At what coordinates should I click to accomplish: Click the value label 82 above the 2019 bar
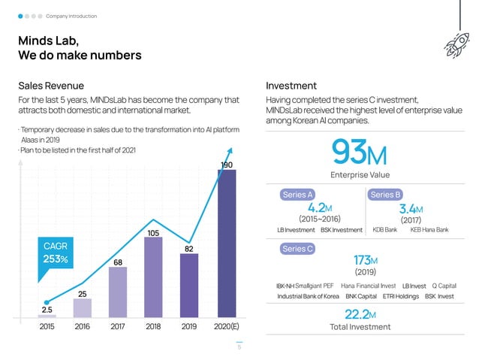point(190,247)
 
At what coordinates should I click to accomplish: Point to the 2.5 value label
point(47,309)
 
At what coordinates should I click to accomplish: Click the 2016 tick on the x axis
point(83,327)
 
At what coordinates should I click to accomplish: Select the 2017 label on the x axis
point(118,327)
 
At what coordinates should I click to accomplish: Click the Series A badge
point(298,195)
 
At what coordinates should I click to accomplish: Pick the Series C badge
point(298,249)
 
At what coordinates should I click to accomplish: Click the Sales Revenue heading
point(52,86)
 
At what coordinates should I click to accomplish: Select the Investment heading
point(291,86)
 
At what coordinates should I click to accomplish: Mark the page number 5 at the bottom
point(239,347)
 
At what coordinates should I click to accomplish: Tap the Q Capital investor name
point(444,286)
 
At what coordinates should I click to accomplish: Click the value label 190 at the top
point(227,164)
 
